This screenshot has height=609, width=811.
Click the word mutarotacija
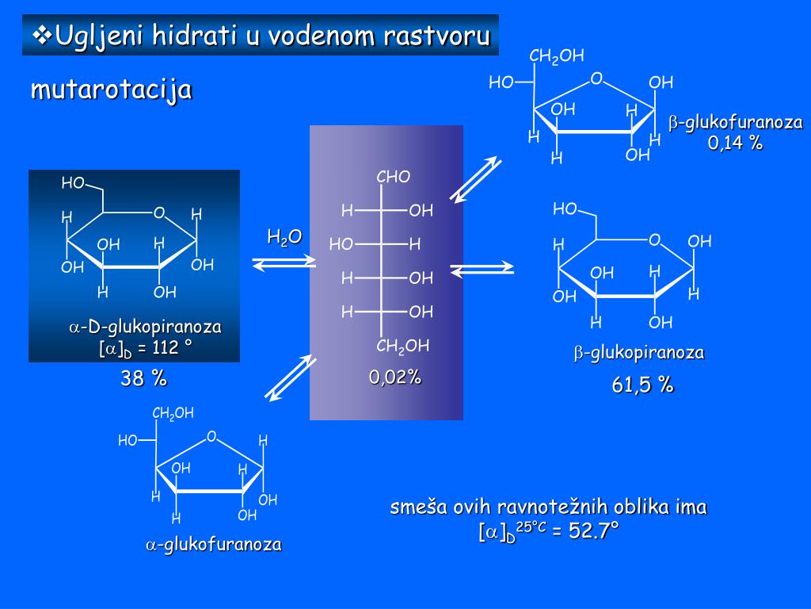pos(111,89)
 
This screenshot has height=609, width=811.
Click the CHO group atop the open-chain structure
pos(394,177)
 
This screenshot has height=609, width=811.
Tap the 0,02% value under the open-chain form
pos(395,377)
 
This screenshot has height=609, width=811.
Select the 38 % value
pos(143,379)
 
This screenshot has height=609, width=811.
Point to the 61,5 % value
pos(642,385)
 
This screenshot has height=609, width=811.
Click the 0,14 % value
pos(735,143)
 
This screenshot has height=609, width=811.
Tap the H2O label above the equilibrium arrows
pos(284,236)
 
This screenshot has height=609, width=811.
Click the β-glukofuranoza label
pos(736,123)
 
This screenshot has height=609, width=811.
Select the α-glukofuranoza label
pos(213,545)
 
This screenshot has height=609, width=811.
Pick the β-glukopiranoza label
pos(639,353)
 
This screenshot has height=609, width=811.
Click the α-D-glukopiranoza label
pos(145,327)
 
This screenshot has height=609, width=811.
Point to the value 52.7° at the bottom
pos(593,531)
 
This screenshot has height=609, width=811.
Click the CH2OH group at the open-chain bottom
pos(402,346)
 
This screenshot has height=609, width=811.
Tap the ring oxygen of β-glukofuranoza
pos(596,79)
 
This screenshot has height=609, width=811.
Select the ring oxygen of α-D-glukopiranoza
pos(159,213)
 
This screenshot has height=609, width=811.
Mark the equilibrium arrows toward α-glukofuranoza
pos(290,377)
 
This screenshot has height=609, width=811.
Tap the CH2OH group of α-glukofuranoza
pos(173,413)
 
